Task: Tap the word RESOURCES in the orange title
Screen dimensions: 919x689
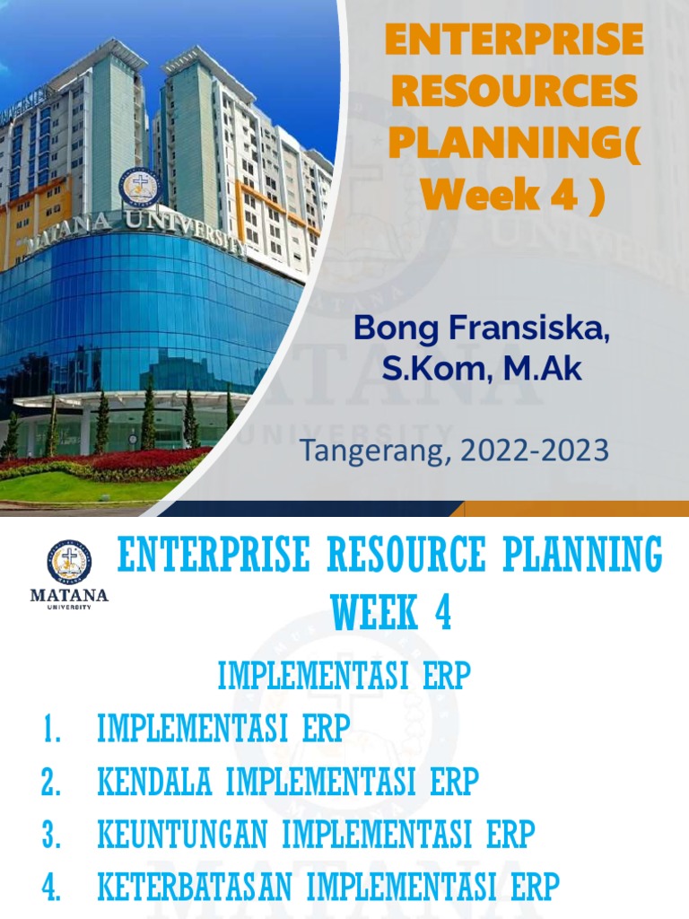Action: [513, 92]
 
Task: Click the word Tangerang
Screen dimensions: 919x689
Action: [368, 450]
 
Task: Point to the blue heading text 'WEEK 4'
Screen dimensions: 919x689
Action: [391, 615]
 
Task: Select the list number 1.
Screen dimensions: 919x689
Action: [50, 730]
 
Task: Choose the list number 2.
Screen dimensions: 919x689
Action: [50, 783]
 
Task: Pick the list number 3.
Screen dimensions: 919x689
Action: [50, 836]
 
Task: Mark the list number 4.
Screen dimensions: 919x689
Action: [50, 888]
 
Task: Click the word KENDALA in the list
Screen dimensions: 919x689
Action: [154, 783]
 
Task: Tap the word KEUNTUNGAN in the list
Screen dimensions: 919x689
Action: [183, 836]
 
